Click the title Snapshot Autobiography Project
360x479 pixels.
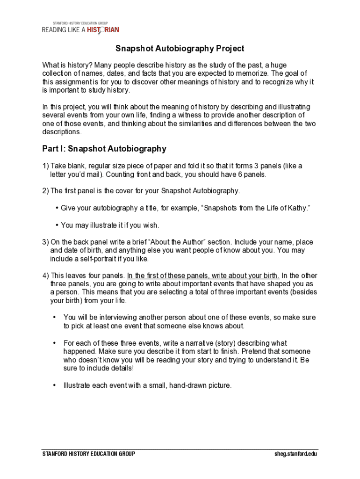click(180, 49)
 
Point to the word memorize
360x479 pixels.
click(246, 73)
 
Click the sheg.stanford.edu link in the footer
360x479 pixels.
click(296, 454)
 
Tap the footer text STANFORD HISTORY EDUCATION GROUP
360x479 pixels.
click(89, 454)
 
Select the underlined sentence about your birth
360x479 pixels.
click(203, 276)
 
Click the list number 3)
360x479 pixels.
click(45, 242)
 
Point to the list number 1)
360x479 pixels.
click(45, 166)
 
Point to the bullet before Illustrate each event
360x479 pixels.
click(54, 385)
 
